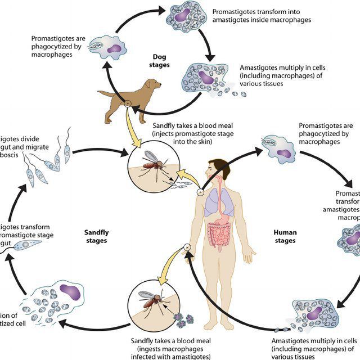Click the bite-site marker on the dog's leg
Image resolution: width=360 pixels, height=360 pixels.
tap(128, 103)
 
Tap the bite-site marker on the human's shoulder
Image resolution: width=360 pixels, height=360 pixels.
tap(200, 192)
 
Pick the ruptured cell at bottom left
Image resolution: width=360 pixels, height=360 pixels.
tap(54, 301)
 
